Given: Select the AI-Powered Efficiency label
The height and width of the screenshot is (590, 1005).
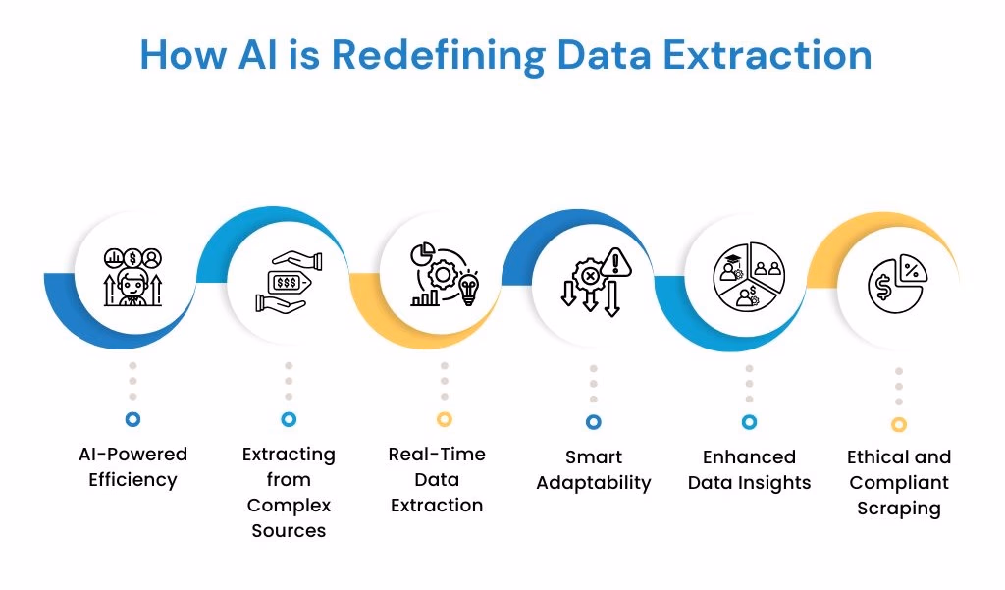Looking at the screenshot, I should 132,467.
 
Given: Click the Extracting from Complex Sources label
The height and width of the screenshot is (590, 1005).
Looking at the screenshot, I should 289,493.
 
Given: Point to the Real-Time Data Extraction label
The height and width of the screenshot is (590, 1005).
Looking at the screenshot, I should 437,480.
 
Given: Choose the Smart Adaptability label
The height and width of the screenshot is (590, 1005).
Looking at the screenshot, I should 594,470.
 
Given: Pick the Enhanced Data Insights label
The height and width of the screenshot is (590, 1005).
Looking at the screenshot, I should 749,470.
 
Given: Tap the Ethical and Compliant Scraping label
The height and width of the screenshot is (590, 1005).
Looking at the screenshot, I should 899,483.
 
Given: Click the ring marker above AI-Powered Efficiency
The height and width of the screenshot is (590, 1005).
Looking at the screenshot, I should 132,419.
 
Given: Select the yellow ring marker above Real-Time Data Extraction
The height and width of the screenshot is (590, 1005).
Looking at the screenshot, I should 445,419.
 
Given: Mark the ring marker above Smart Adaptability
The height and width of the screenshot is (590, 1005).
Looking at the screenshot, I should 594,422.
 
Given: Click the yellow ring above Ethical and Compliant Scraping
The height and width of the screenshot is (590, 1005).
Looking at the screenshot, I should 899,424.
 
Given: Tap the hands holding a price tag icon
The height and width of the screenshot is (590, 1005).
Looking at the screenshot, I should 288,282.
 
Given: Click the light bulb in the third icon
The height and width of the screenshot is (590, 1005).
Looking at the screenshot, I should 468,289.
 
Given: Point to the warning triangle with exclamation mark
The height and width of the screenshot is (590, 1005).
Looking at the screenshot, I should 617,263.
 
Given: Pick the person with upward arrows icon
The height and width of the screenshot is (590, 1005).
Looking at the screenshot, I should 132,278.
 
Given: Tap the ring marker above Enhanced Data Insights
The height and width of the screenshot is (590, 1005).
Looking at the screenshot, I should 749,422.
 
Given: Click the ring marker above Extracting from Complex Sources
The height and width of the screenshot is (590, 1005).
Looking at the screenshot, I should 289,419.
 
